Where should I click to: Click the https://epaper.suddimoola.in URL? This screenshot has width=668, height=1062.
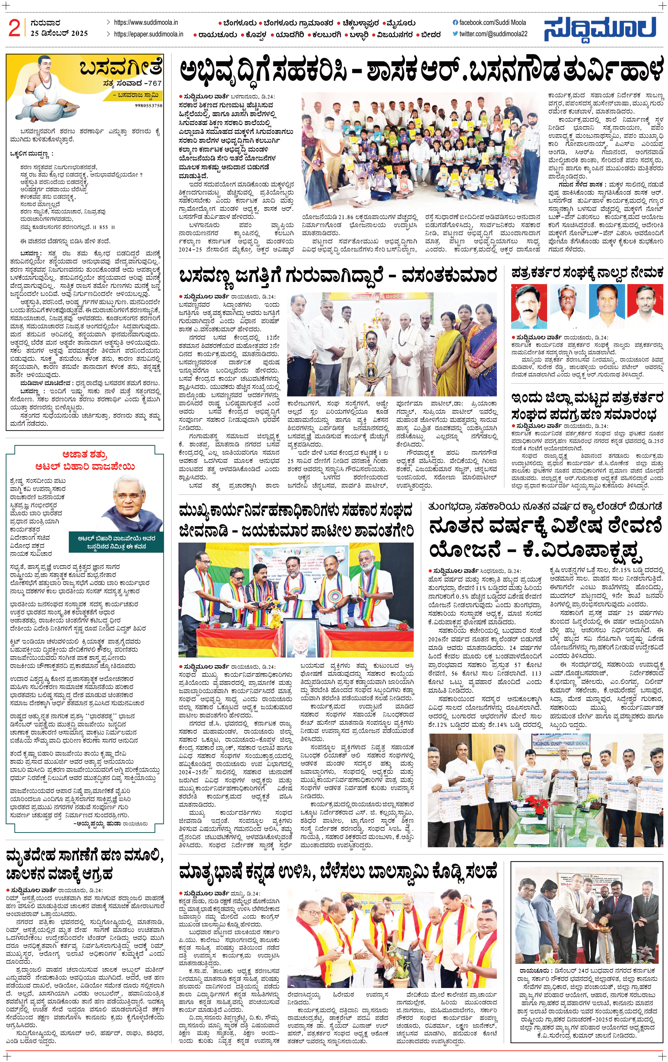(148, 34)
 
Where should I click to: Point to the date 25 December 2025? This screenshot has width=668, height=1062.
(59, 34)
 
